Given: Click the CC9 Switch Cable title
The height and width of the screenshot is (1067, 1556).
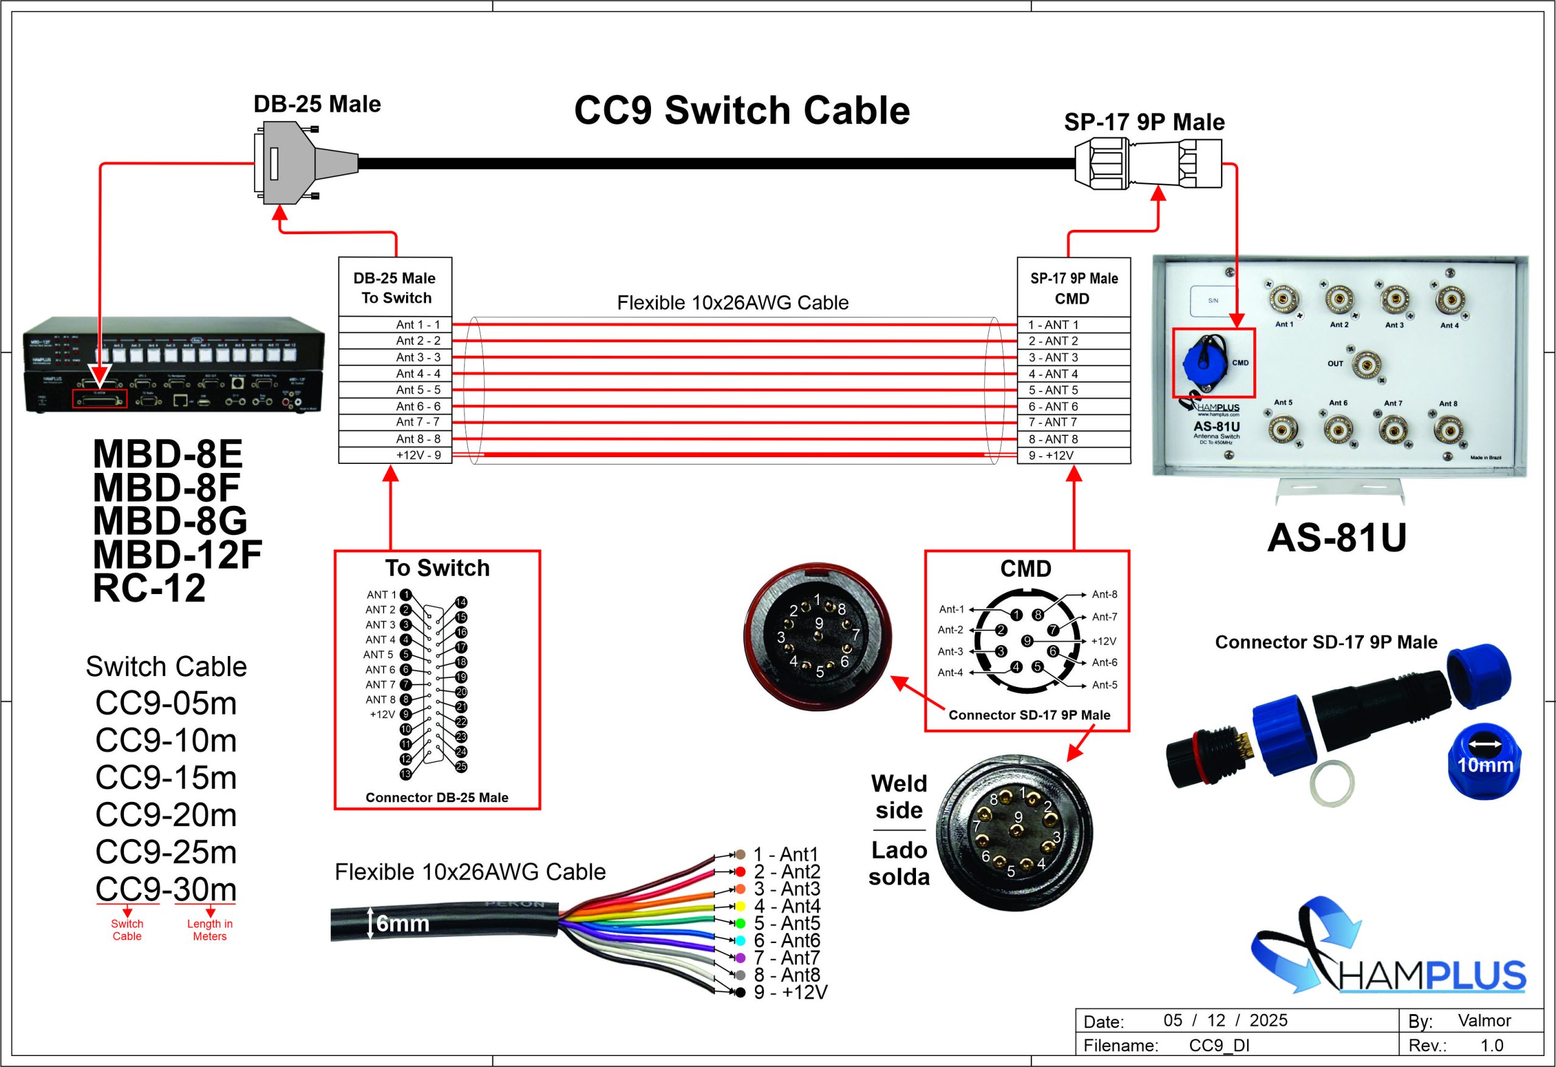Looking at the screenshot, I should (742, 111).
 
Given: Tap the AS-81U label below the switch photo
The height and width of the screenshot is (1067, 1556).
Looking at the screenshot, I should (1337, 537).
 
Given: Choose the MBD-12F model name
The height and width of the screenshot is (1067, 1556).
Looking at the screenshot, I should (177, 554).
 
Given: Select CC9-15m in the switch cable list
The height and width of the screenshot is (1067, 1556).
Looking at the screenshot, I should (166, 778).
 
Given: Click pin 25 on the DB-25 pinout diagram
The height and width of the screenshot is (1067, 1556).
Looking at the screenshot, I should (461, 767).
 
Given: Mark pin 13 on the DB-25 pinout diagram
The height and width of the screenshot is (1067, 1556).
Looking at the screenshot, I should (406, 775).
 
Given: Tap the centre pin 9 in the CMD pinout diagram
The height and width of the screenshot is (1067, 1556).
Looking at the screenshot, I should (1027, 641).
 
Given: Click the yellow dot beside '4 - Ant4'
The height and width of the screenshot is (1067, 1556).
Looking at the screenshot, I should (740, 906).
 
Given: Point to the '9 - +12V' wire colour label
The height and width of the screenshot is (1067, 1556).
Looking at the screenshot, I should (790, 993).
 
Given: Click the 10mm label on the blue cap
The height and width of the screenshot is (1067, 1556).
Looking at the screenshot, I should (1485, 765).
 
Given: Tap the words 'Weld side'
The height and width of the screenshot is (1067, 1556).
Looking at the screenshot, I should (898, 797).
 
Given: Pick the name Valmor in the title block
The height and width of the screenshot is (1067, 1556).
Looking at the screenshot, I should (1484, 1020).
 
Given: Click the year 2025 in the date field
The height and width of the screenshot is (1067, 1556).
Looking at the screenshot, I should (1268, 1020).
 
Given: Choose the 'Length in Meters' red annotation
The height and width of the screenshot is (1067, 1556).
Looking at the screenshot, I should (210, 930).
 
